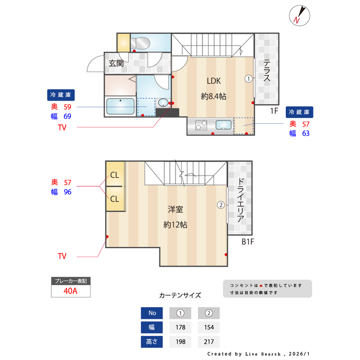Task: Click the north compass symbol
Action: coord(298,15)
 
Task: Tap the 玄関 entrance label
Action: coord(116,64)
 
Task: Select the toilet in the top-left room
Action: coord(142,43)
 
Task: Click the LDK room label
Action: coord(214,80)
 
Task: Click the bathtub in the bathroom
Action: coord(120,106)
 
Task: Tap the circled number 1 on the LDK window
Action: coord(248,79)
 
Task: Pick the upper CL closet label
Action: coord(115,175)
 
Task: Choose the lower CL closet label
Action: coord(115,199)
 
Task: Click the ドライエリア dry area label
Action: coord(240,201)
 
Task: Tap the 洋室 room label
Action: coord(175,209)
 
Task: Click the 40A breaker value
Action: coord(70,291)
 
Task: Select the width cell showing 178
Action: coord(180,327)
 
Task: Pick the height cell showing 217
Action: coord(208,341)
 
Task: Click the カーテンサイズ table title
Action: coord(180,295)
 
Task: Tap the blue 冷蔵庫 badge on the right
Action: coord(300,111)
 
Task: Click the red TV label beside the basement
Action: coord(62,256)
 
